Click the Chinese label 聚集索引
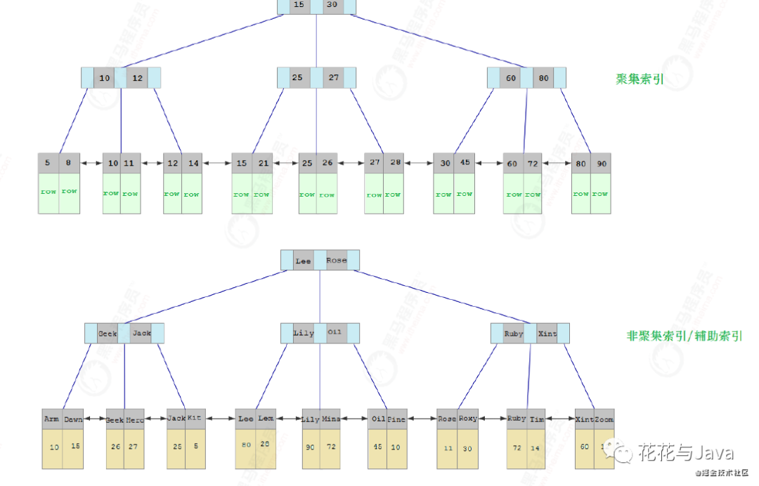point(640,79)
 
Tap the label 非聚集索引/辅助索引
point(684,336)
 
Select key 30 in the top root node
point(332,4)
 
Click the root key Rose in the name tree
point(336,261)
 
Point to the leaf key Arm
point(51,419)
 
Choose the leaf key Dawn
point(72,419)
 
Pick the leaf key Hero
point(135,420)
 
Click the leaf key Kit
point(195,419)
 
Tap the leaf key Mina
point(331,419)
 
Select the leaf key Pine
point(396,419)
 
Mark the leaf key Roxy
point(467,419)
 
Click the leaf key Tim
point(537,419)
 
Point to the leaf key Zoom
point(604,419)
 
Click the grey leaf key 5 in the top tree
point(48,163)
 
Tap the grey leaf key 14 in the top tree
point(193,164)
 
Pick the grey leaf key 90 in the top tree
point(601,164)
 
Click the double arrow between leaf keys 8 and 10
point(90,164)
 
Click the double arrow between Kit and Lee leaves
point(220,419)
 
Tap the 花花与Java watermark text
point(685,453)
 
